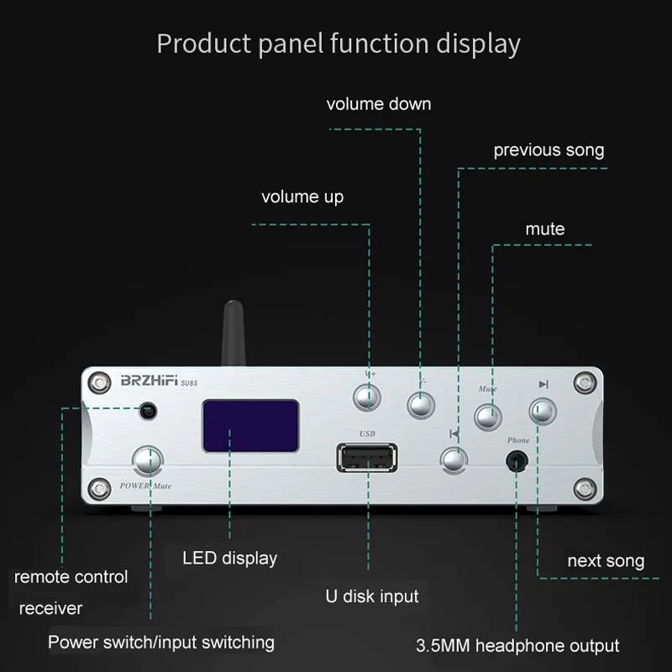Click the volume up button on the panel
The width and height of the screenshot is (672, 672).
[367, 397]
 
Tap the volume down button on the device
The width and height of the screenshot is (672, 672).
[421, 405]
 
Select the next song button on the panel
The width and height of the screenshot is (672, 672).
[543, 411]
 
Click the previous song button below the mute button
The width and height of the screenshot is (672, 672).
[454, 460]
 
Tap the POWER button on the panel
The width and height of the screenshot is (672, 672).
[148, 460]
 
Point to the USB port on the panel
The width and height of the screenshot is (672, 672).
[367, 458]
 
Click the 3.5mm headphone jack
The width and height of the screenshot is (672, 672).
[517, 461]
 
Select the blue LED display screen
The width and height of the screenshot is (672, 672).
[250, 426]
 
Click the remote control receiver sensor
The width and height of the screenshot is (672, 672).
[149, 412]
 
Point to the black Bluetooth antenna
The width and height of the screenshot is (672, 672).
[234, 333]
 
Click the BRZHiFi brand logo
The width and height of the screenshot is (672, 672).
[150, 381]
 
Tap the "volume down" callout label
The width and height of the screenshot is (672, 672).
[379, 104]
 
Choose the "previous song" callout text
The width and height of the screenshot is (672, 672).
[549, 150]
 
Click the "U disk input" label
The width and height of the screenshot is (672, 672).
[372, 596]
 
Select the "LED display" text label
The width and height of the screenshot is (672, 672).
[229, 559]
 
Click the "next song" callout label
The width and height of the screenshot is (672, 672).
[606, 561]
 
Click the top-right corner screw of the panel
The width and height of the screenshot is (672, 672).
[585, 382]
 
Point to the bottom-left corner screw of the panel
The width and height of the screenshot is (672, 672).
[99, 488]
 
